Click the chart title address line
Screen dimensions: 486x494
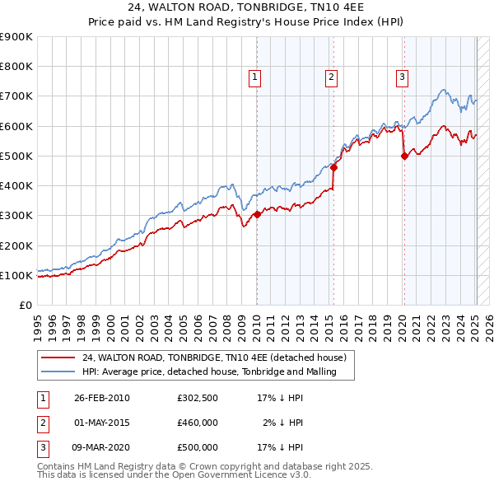click(246, 8)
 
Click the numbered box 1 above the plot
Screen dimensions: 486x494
click(255, 78)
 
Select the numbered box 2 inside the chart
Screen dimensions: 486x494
click(331, 78)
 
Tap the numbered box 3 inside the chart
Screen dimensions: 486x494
click(402, 78)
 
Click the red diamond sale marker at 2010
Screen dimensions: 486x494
click(257, 215)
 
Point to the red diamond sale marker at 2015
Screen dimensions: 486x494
click(334, 168)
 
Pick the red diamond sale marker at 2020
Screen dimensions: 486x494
click(404, 157)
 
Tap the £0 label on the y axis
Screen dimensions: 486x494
click(25, 305)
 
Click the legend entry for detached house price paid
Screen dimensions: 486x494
click(218, 357)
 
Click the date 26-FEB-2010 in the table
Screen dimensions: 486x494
click(102, 398)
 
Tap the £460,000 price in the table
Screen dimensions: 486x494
click(198, 423)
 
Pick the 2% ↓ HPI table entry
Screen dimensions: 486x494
click(284, 423)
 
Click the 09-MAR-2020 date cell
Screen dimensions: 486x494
click(102, 447)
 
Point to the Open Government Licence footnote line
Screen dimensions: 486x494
click(174, 475)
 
